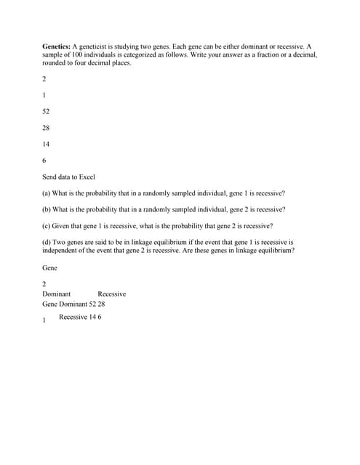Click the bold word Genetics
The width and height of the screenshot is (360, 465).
pyautogui.click(x=56, y=46)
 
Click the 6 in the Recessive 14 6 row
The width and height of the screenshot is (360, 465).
pyautogui.click(x=100, y=317)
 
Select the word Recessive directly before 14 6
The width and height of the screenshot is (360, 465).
pyautogui.click(x=73, y=317)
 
